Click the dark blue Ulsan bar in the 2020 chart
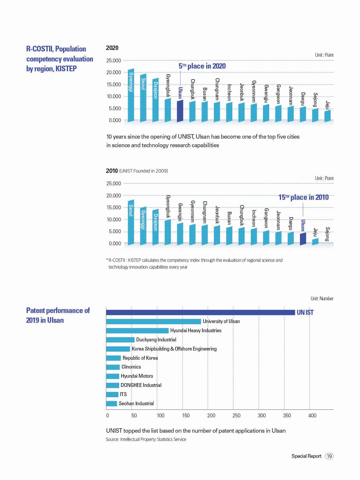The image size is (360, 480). click(x=180, y=111)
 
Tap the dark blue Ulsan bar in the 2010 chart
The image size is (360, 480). click(x=303, y=239)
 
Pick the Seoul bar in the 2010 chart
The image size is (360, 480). click(x=131, y=222)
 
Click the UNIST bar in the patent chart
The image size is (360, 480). click(x=200, y=312)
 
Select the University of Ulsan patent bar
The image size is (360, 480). click(x=153, y=322)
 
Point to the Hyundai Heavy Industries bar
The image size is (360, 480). click(x=137, y=331)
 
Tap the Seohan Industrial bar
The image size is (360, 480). click(x=112, y=403)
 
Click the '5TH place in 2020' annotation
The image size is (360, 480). click(x=202, y=66)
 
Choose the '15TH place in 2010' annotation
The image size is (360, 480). click(x=304, y=197)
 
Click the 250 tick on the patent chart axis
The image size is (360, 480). click(x=236, y=416)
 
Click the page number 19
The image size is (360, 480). click(x=329, y=456)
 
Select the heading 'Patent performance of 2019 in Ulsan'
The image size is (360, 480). click(x=58, y=315)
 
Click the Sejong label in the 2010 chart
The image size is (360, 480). click(x=327, y=234)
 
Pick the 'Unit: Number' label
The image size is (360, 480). click(x=322, y=299)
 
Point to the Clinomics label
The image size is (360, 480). click(x=131, y=367)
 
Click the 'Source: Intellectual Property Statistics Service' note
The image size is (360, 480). click(x=146, y=439)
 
